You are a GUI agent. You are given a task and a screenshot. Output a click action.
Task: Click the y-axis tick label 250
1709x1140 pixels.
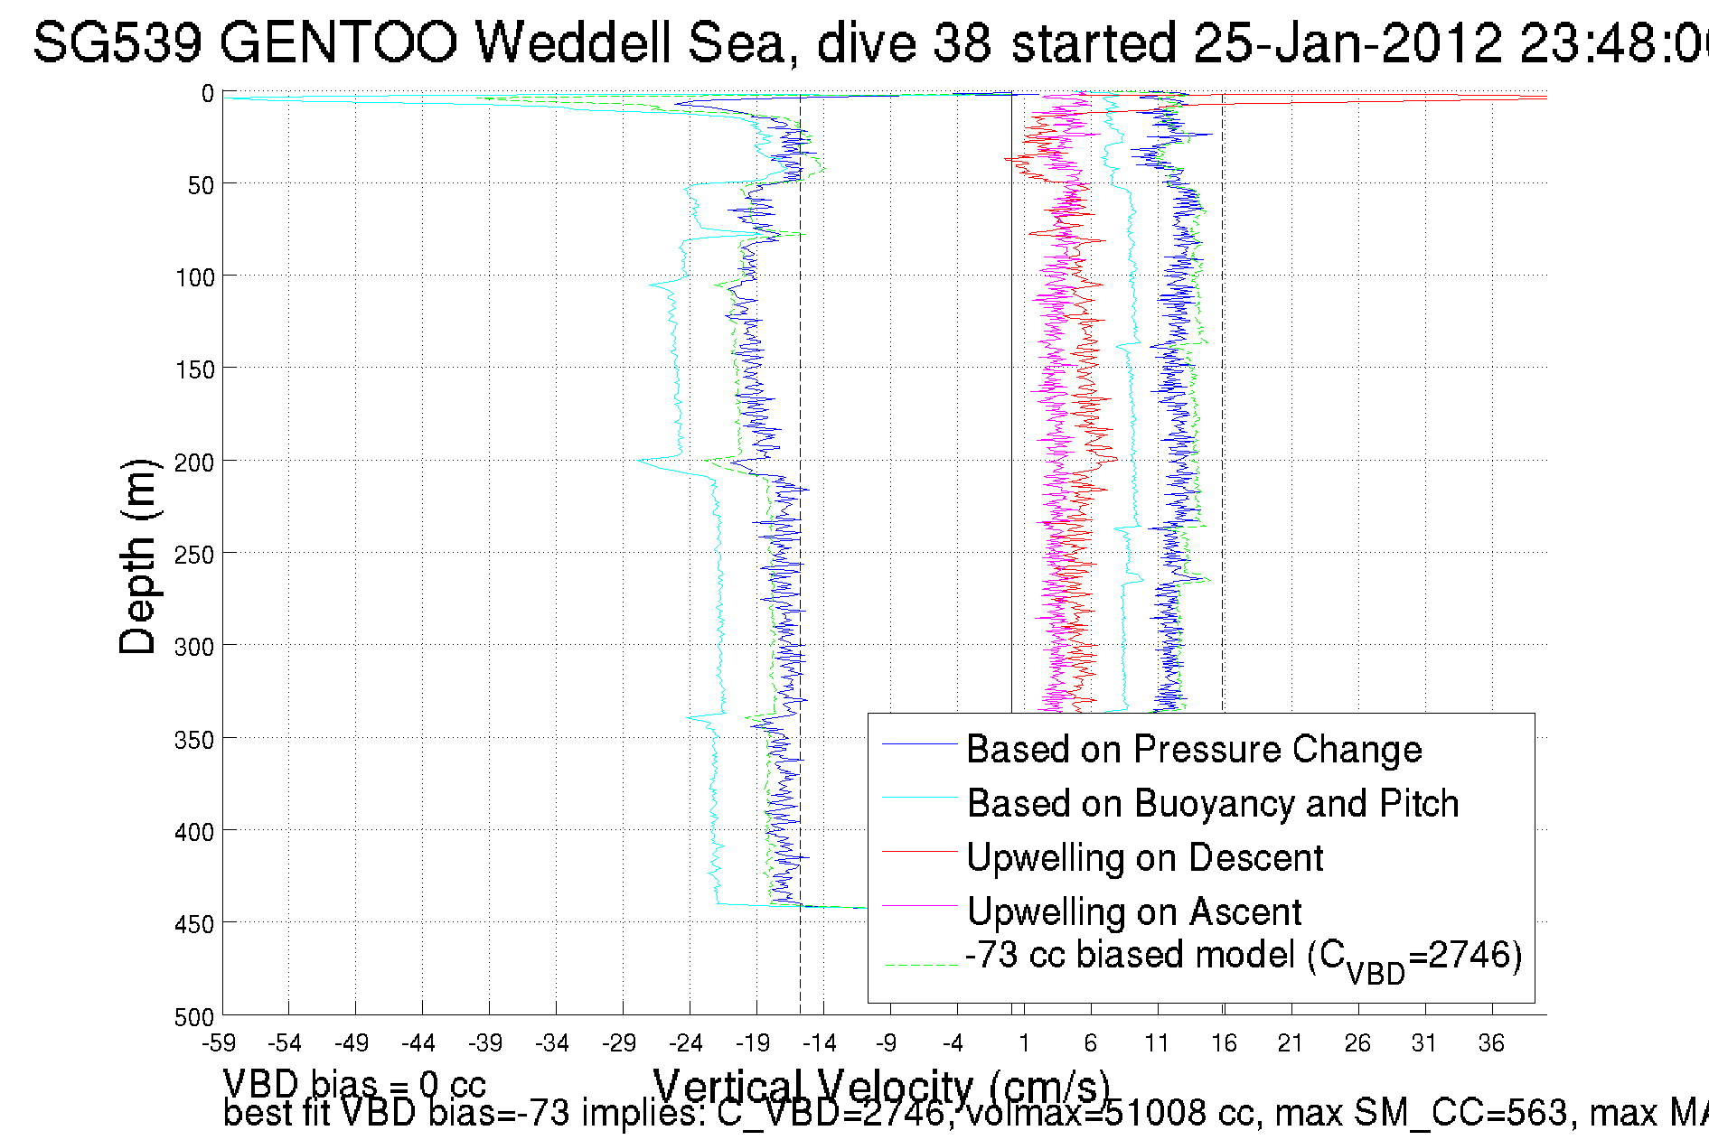(x=193, y=555)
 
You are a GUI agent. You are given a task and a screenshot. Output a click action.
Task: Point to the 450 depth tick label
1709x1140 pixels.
(x=193, y=924)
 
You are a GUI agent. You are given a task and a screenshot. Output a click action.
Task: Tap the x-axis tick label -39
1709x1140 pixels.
(x=485, y=1044)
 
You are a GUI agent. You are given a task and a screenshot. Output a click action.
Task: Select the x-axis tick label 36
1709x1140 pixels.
(x=1491, y=1044)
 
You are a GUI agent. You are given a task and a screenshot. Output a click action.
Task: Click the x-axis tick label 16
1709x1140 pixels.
(x=1224, y=1044)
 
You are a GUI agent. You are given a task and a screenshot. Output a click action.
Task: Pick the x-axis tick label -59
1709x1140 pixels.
(x=218, y=1044)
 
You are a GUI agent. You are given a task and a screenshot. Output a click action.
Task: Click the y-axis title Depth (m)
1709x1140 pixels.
(x=138, y=556)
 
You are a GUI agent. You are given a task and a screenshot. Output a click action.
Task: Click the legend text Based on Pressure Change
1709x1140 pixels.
(x=1194, y=749)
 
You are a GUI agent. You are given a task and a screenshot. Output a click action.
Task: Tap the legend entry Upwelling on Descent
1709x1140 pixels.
(x=1144, y=857)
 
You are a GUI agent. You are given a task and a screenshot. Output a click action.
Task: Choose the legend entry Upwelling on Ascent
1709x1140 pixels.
(x=1133, y=911)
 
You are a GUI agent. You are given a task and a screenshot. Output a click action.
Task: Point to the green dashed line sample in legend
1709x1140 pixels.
(x=920, y=965)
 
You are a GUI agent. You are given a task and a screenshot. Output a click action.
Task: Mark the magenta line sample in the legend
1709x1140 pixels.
(x=920, y=905)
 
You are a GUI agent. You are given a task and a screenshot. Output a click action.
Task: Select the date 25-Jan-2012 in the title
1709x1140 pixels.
(x=1346, y=42)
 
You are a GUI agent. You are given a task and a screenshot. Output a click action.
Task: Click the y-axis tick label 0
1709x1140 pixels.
(x=207, y=94)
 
